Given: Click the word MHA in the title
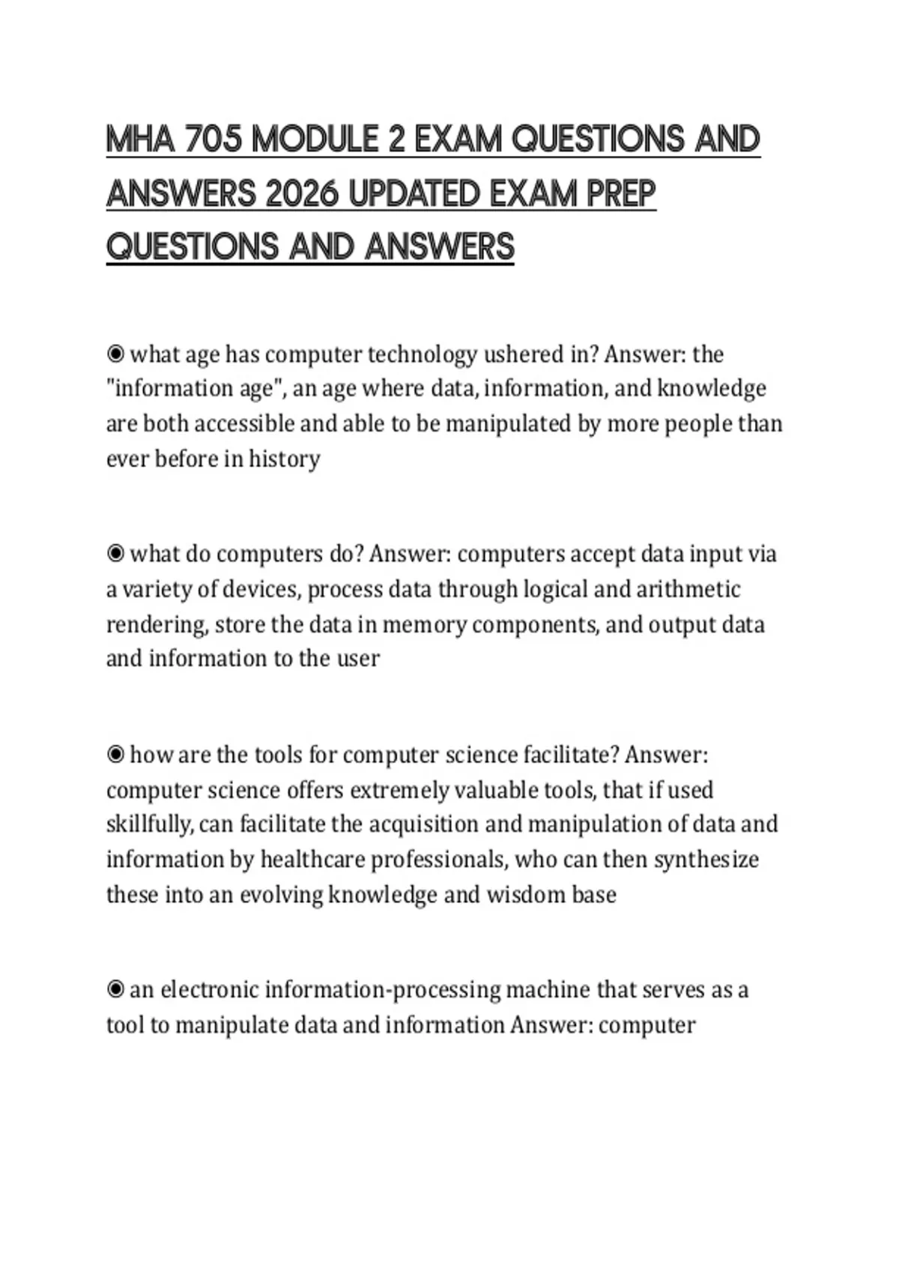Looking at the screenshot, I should click(x=140, y=140).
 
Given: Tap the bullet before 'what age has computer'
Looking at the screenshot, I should click(x=115, y=354).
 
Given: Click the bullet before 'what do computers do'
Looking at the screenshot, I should click(x=115, y=554).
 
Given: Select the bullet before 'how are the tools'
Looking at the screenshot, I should click(x=115, y=755).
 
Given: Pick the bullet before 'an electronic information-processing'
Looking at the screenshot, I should click(x=115, y=990).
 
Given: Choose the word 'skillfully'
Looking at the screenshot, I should click(x=149, y=824).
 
